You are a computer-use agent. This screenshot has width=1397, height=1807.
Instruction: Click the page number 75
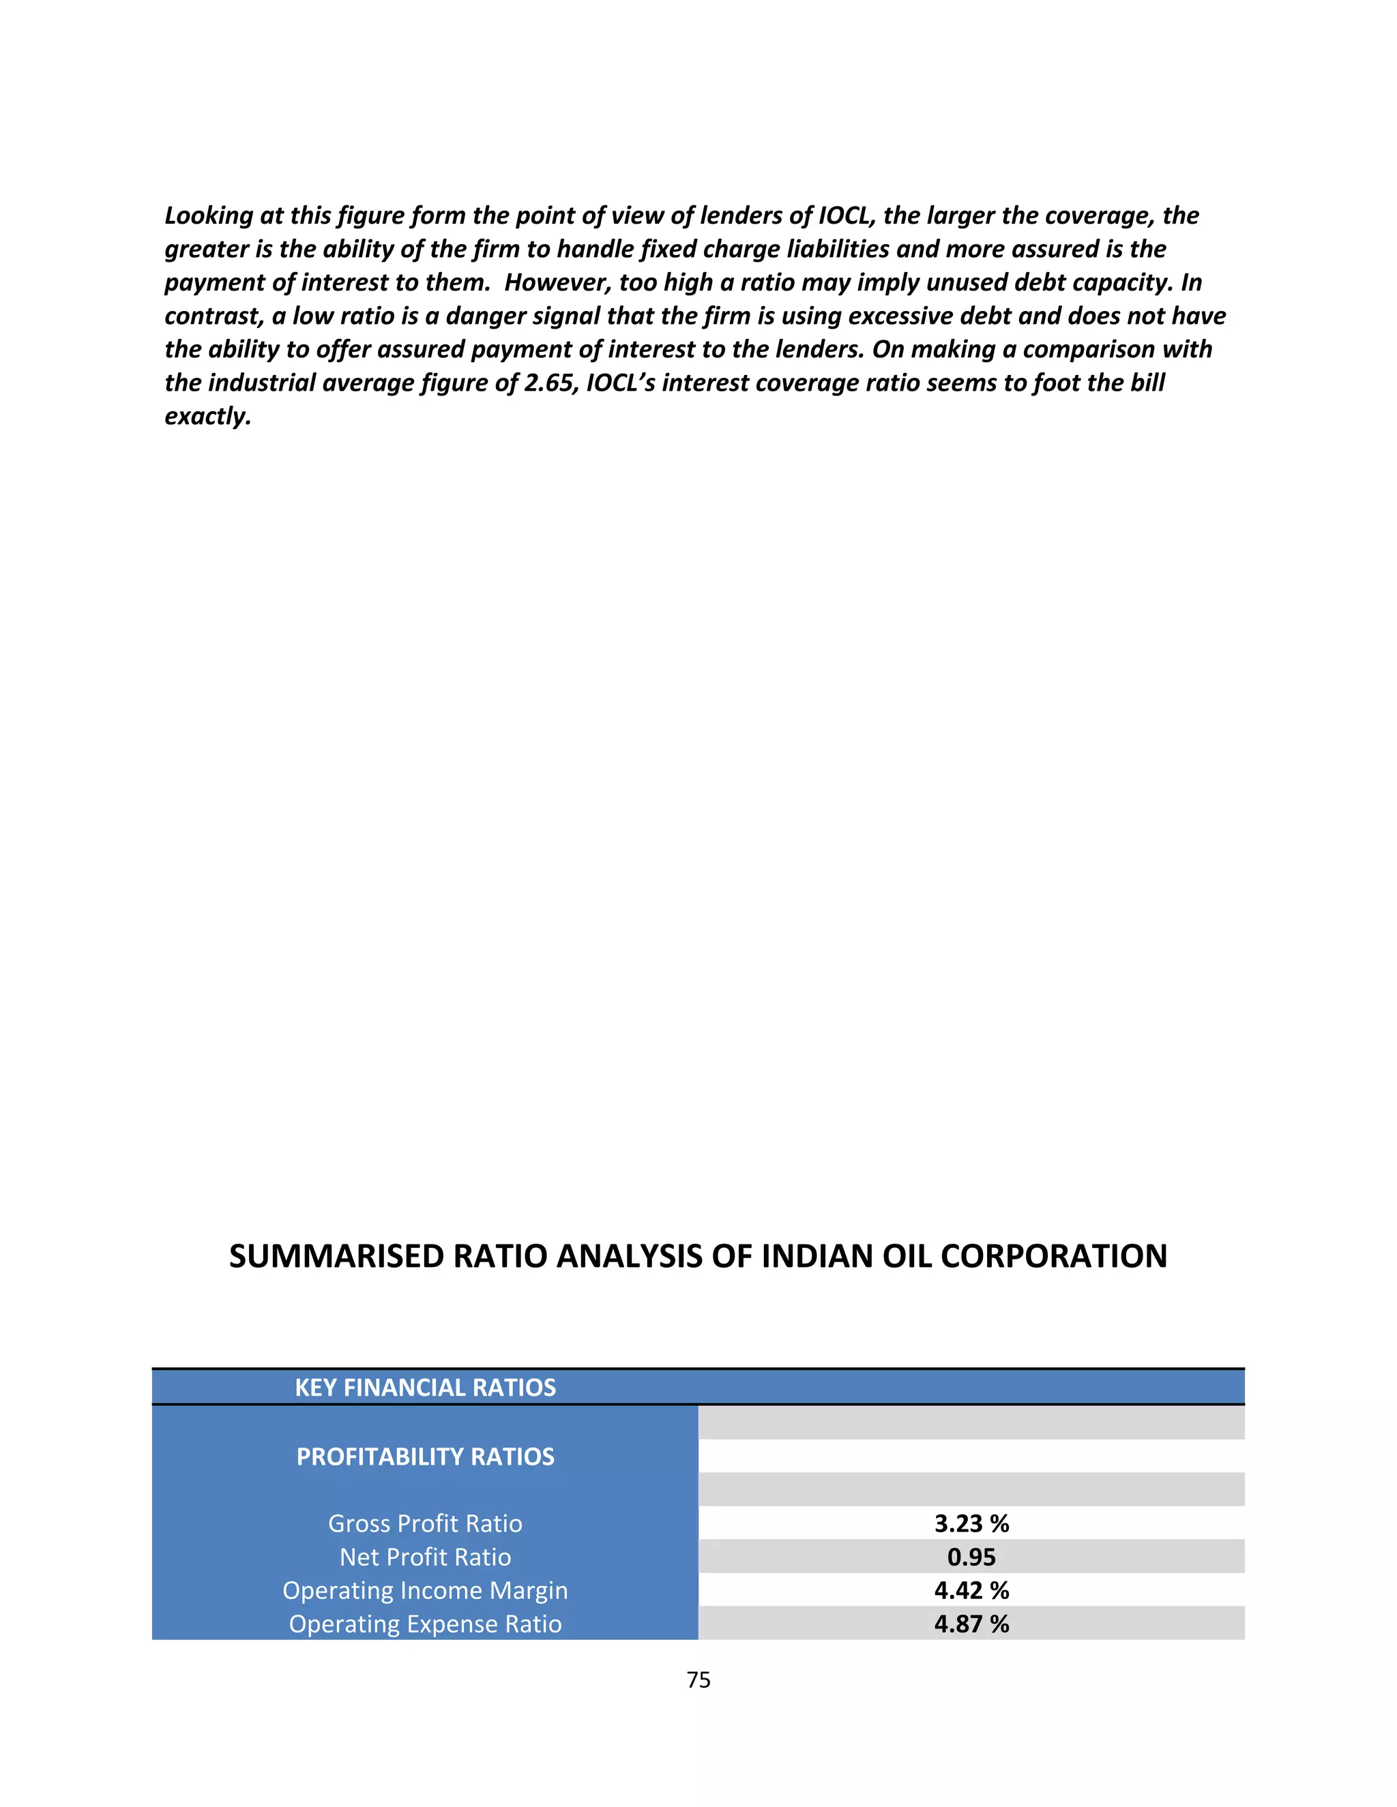pos(698,1679)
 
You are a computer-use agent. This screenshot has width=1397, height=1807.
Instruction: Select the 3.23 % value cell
pos(971,1523)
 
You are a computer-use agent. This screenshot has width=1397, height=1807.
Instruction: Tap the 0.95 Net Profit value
pos(971,1556)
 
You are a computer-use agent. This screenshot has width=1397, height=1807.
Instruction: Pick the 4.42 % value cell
pos(971,1589)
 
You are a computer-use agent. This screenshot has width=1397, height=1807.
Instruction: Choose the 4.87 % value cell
pos(971,1624)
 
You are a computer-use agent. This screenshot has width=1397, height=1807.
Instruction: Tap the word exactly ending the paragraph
pos(207,416)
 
